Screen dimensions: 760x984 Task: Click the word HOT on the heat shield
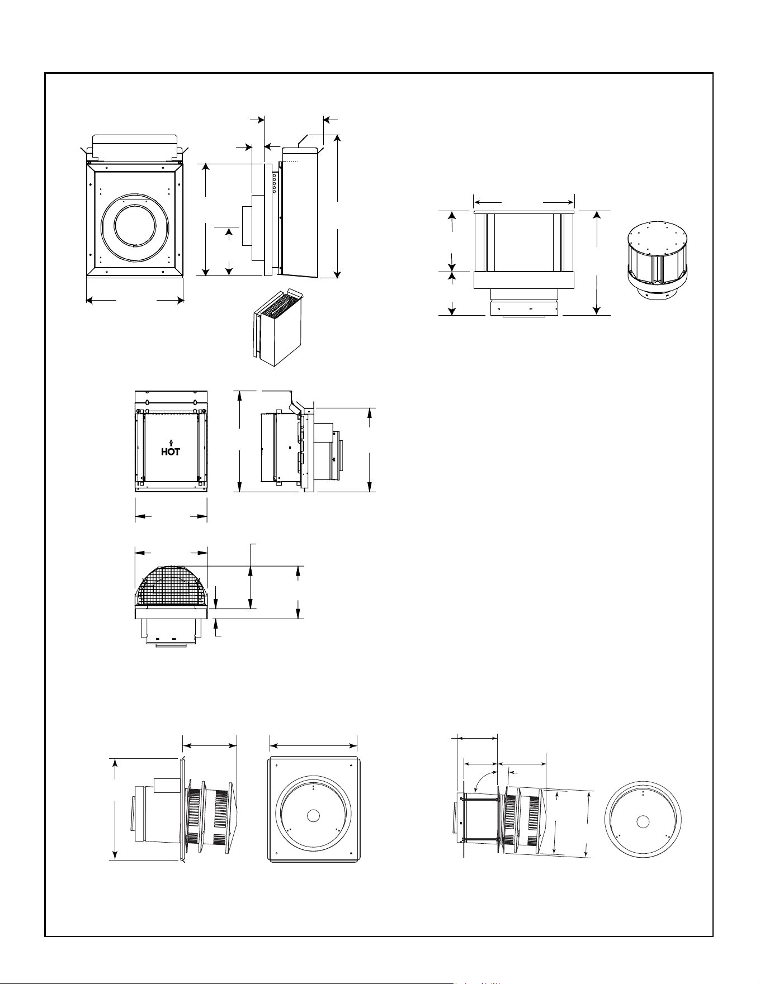(171, 452)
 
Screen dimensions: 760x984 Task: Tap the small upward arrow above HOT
(171, 443)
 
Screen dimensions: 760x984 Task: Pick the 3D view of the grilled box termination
(276, 327)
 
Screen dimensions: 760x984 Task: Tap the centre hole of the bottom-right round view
(643, 821)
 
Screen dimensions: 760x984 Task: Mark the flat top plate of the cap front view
(524, 212)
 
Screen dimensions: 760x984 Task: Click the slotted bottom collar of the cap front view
(524, 309)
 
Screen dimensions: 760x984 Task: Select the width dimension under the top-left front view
(135, 301)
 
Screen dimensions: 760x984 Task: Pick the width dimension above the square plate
(313, 744)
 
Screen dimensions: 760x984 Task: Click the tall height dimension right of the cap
(598, 263)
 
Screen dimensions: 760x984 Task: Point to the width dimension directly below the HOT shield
(171, 517)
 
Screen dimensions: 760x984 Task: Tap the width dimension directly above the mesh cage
(171, 553)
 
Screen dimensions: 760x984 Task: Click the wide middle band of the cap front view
(524, 280)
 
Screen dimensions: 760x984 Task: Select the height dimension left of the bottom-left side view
(115, 809)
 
